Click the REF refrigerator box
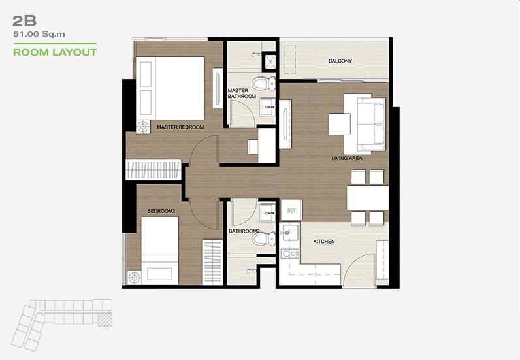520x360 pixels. click(x=291, y=210)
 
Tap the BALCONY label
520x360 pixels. click(x=340, y=61)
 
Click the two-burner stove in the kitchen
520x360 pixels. click(x=289, y=254)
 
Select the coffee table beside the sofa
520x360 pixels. click(x=340, y=124)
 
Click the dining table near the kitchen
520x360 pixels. click(x=367, y=198)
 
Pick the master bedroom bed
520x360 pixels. click(x=170, y=88)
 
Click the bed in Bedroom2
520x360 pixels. click(x=159, y=250)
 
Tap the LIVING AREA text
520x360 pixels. click(x=347, y=158)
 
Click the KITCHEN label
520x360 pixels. click(x=324, y=242)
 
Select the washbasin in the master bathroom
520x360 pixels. click(x=267, y=107)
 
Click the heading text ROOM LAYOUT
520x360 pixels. click(x=55, y=52)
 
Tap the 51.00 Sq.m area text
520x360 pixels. click(x=39, y=34)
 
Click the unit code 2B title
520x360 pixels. click(x=24, y=21)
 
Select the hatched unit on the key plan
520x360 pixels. click(x=105, y=319)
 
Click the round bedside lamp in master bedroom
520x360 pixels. click(x=143, y=126)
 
